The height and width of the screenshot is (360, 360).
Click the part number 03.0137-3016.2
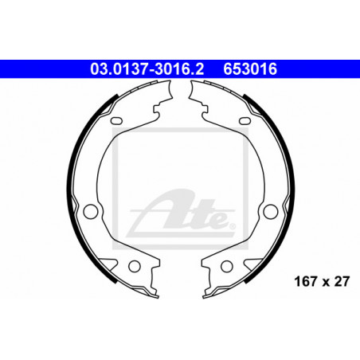[147, 69]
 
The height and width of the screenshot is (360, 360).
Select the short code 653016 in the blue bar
[250, 69]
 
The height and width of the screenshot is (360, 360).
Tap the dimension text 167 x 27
[322, 282]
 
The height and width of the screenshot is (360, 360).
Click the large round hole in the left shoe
[91, 211]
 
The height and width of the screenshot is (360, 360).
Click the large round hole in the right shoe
[271, 211]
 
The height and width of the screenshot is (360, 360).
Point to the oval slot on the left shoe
[116, 120]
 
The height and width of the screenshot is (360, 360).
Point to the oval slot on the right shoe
[245, 120]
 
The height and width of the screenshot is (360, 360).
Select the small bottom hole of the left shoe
[135, 266]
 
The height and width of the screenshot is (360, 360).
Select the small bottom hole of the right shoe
[227, 266]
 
